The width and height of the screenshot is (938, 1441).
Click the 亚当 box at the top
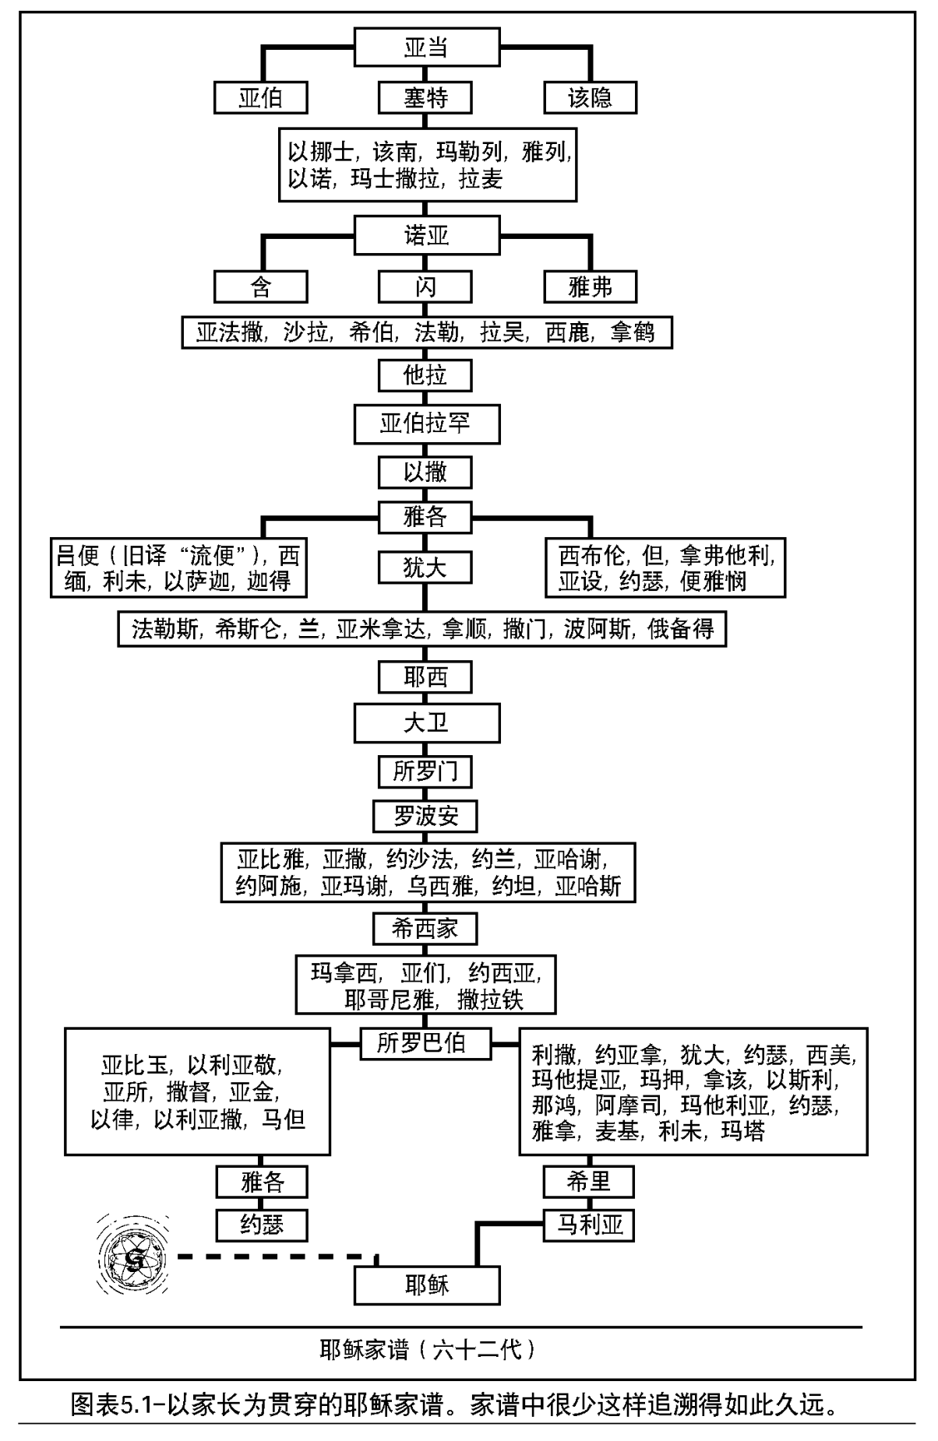[426, 47]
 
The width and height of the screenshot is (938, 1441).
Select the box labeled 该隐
[590, 98]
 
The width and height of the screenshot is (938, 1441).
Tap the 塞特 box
[425, 98]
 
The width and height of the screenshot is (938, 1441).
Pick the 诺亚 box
[426, 234]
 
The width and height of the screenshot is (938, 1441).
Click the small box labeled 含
[260, 287]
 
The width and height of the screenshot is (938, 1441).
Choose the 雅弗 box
[590, 287]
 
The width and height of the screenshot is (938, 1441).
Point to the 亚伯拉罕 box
[426, 424]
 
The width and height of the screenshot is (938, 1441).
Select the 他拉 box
[425, 375]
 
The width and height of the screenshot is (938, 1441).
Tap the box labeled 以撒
[425, 472]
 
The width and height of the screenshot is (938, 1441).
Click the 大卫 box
[426, 723]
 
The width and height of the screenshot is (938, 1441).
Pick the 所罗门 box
[425, 771]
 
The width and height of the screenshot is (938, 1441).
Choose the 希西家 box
[425, 928]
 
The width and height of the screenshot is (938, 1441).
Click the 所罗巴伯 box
[425, 1042]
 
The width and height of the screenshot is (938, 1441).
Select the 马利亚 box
[589, 1225]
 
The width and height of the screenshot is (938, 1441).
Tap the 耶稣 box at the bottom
[426, 1285]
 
